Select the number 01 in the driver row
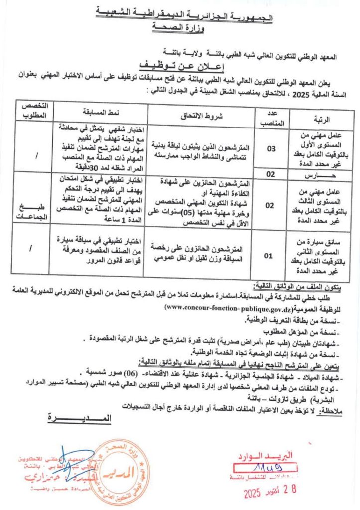269,256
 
